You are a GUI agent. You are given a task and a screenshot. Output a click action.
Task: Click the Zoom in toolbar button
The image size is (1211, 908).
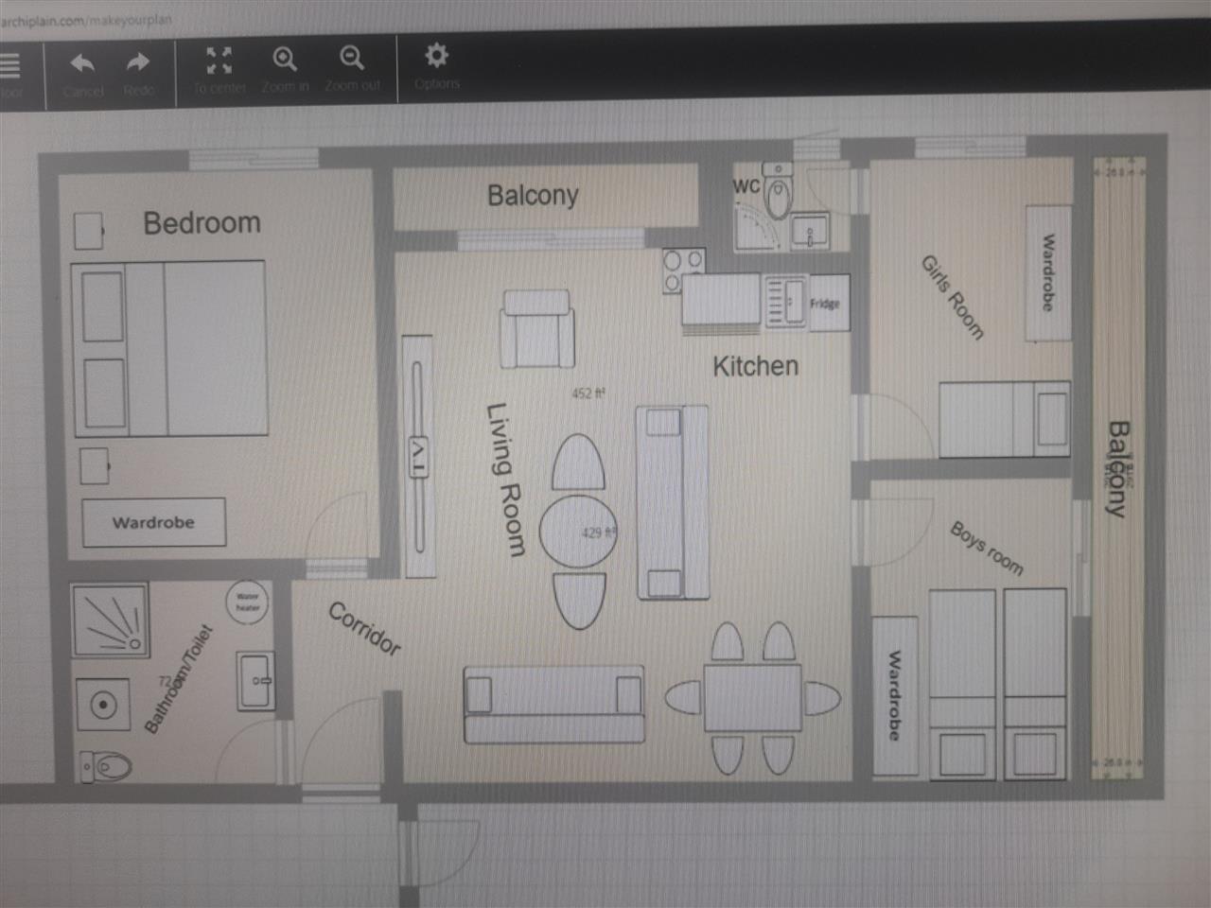284,61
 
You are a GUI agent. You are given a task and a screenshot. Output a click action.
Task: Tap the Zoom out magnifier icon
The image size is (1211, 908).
352,61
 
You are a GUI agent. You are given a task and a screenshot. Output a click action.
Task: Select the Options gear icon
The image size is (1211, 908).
436,57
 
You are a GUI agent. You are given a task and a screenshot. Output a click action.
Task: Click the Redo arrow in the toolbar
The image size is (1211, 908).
138,64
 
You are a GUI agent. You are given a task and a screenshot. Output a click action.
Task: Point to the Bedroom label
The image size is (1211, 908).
202,223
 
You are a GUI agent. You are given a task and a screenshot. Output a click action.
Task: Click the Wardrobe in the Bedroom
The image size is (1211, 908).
153,522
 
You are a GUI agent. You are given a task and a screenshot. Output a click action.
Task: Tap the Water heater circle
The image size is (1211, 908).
247,601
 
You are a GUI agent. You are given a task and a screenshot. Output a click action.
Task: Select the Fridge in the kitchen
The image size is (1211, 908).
825,304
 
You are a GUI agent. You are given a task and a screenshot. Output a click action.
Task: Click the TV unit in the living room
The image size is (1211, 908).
417,454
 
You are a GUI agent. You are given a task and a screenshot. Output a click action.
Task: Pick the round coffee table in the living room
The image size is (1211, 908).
578,532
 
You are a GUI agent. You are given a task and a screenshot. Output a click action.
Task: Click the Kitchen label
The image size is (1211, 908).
755,366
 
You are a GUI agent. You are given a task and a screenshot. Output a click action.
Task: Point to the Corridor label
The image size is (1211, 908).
364,629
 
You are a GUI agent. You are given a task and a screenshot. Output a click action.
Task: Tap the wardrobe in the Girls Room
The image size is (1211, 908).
1048,272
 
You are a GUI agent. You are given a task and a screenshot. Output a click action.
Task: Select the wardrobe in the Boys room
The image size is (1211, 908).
894,695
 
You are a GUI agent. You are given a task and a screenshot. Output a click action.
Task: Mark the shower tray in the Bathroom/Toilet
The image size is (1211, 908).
109,620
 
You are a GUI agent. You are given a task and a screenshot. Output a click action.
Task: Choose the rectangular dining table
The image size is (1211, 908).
752,698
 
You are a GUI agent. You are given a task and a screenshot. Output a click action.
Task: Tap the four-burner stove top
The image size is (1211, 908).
683,270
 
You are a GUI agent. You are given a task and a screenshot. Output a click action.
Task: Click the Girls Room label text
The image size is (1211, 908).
952,297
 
